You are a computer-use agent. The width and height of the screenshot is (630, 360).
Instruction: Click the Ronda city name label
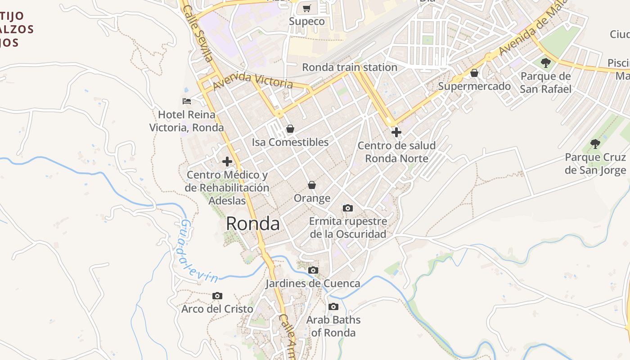click(252, 224)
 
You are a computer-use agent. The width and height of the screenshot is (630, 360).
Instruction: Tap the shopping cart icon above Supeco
click(307, 8)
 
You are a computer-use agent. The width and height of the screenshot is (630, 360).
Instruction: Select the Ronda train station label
click(349, 67)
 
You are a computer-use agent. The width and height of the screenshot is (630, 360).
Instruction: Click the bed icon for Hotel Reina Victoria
click(187, 101)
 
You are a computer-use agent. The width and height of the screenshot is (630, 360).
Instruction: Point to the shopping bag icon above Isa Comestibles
click(290, 129)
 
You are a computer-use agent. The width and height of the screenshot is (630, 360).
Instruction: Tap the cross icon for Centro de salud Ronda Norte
click(396, 132)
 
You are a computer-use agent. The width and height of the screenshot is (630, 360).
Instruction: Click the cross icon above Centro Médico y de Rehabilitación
click(227, 162)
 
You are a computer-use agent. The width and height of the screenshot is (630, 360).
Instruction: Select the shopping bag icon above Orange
click(312, 185)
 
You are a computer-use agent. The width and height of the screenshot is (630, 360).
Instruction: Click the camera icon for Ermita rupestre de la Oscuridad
click(347, 208)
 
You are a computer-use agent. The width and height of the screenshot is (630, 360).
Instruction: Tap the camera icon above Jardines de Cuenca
click(313, 270)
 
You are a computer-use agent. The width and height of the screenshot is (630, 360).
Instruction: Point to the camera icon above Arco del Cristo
click(217, 296)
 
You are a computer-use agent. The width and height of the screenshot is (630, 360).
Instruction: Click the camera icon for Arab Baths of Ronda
click(333, 307)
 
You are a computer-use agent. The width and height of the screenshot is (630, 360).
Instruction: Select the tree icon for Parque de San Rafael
click(546, 63)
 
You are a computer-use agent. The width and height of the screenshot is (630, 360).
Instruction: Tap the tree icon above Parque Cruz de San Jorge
click(595, 144)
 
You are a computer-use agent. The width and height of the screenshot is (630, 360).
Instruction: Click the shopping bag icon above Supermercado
click(474, 73)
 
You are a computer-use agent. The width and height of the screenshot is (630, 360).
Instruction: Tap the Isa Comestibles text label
click(290, 142)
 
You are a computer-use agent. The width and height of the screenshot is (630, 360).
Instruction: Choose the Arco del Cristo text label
click(217, 309)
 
